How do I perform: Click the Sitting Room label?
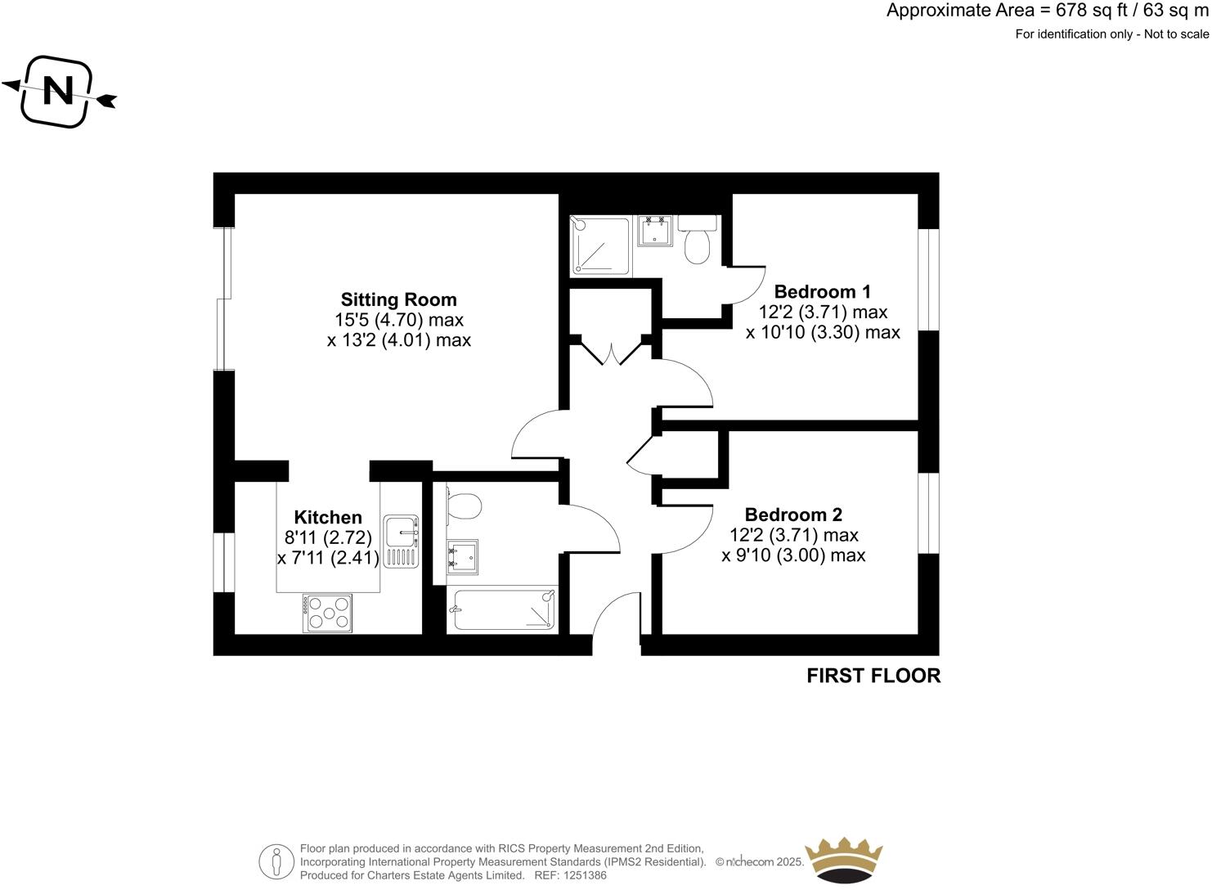(x=398, y=299)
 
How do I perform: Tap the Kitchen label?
(x=328, y=518)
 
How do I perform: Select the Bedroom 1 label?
(x=822, y=291)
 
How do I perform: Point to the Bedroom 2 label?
(x=793, y=515)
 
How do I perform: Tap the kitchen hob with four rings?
(x=330, y=612)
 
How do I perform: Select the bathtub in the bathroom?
(x=502, y=609)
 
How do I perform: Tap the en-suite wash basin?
(x=654, y=231)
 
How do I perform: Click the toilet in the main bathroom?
(x=463, y=505)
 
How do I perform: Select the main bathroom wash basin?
(x=462, y=556)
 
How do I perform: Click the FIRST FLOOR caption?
(x=873, y=676)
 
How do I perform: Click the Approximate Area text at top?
(x=1047, y=11)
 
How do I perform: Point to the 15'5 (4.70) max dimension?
(x=399, y=320)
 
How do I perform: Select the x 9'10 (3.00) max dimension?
(x=793, y=555)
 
